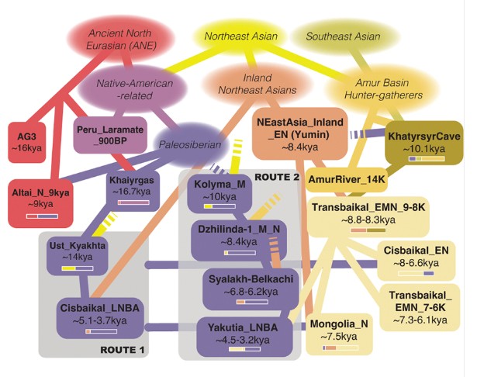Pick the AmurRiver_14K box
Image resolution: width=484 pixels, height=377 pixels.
tap(347, 181)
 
